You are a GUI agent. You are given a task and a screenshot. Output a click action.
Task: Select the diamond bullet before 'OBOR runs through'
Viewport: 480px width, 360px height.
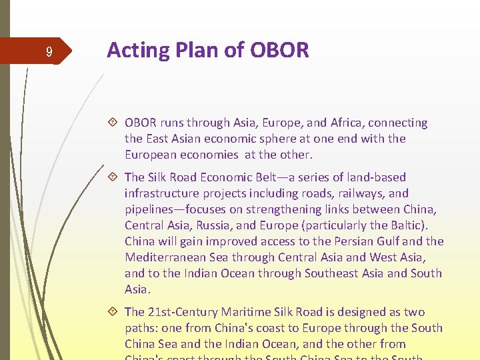point(114,123)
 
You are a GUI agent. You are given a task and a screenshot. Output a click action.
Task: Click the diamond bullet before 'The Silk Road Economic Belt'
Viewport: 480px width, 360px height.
point(114,177)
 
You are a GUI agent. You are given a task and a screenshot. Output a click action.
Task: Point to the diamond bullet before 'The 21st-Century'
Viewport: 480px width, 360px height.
point(114,312)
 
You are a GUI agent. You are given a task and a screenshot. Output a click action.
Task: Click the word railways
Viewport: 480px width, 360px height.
point(361,193)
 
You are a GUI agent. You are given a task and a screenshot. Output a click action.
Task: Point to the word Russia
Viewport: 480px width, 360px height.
point(214,225)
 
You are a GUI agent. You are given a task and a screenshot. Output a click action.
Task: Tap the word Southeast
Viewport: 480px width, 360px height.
point(334,273)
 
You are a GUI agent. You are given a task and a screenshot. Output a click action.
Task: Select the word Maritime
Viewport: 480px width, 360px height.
point(244,312)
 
